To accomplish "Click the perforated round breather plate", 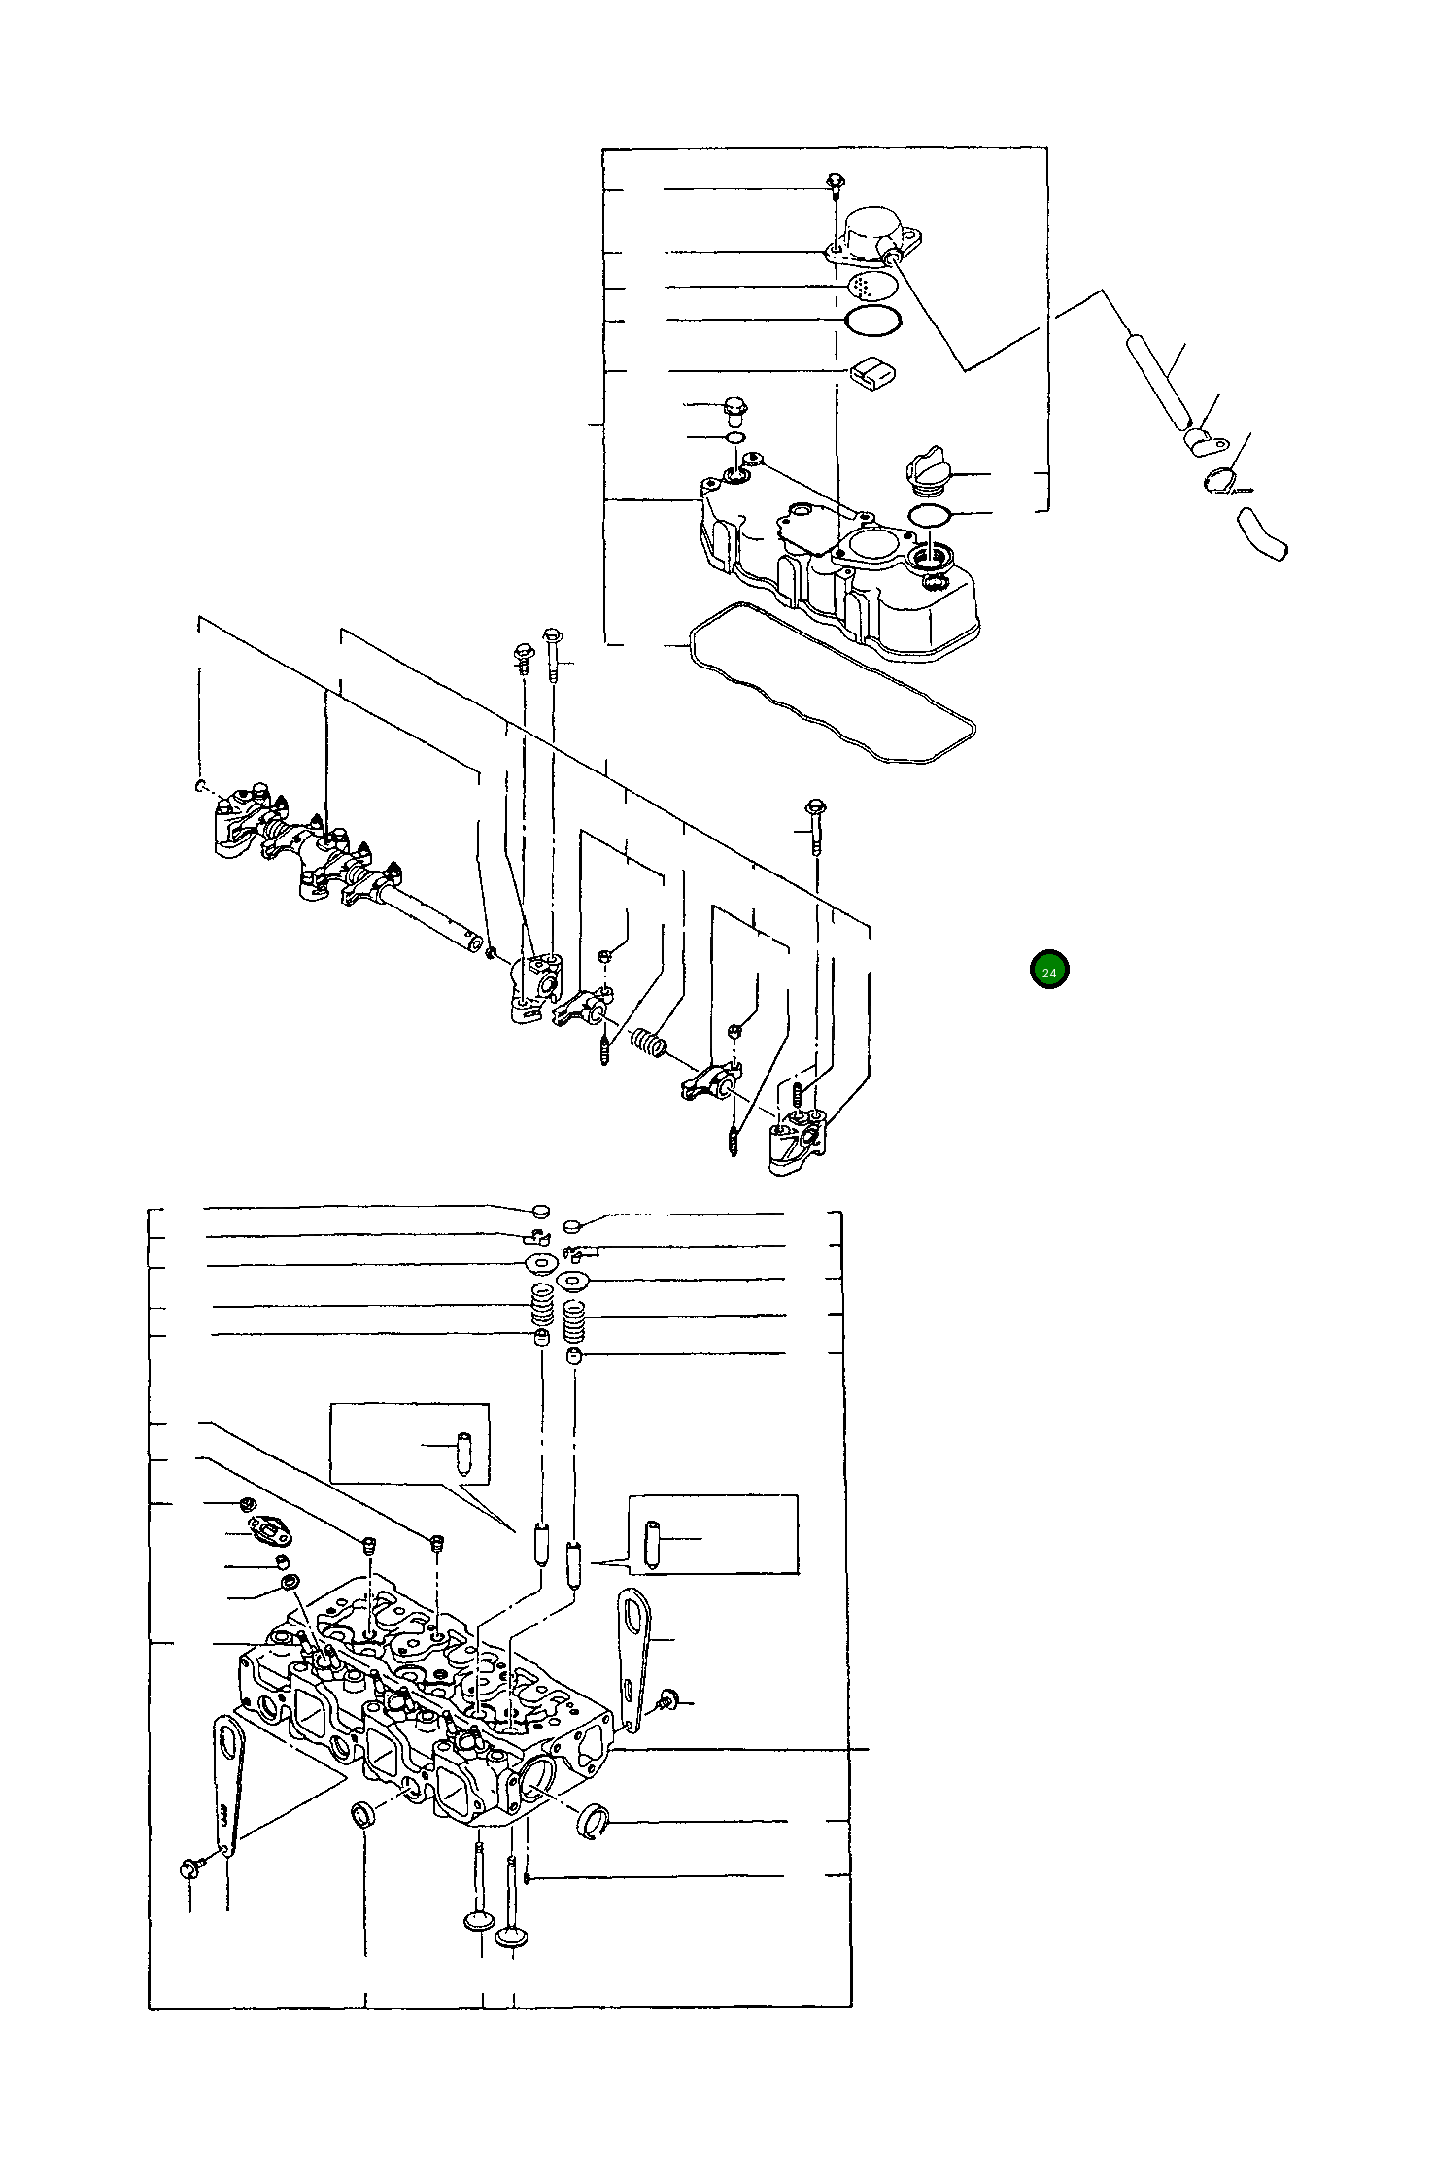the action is click(x=872, y=286).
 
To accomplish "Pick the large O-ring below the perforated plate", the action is click(x=873, y=320).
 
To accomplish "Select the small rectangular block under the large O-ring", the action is click(x=872, y=372).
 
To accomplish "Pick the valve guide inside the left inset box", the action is click(x=462, y=1454).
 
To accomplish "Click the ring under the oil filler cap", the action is click(x=929, y=514).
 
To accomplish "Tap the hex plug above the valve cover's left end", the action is click(x=734, y=411).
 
